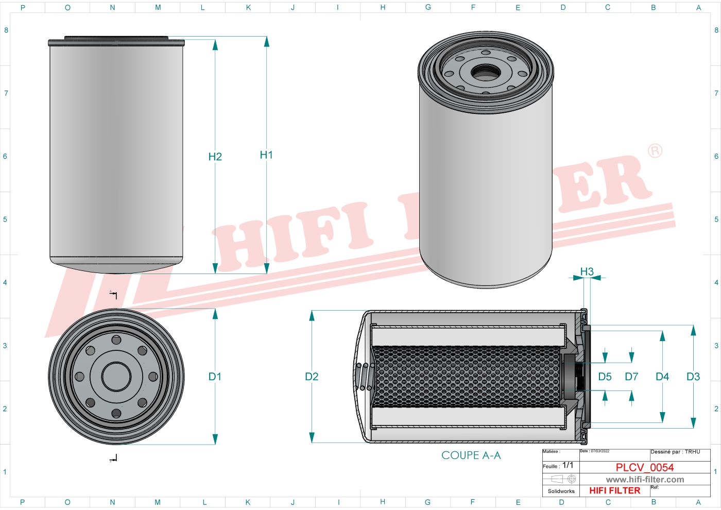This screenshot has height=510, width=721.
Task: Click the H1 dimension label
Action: pos(266,155)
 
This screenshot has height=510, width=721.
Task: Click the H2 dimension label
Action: pos(215,157)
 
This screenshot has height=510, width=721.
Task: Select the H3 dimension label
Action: pos(587,271)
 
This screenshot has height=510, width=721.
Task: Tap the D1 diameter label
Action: pos(215,377)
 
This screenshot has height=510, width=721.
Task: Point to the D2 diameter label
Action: pos(312,377)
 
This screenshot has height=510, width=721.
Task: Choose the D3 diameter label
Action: pos(693,377)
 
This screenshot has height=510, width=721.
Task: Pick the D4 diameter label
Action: pos(662,377)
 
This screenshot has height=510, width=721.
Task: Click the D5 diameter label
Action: pos(605,377)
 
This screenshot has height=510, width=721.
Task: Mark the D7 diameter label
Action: pos(631,377)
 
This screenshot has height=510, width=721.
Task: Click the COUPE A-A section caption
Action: pos(471,455)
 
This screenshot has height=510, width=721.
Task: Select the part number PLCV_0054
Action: pos(644,467)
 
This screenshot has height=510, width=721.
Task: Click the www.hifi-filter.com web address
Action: pos(645,480)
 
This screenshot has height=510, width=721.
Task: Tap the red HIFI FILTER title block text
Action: pos(614,490)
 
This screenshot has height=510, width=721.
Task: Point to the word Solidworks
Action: pos(561,491)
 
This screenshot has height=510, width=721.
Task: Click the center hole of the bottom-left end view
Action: pos(116,377)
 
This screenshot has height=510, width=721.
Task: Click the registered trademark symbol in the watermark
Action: pos(655,151)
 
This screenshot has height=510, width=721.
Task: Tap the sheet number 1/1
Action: pos(568,465)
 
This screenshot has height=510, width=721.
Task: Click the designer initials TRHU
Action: pos(692,452)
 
